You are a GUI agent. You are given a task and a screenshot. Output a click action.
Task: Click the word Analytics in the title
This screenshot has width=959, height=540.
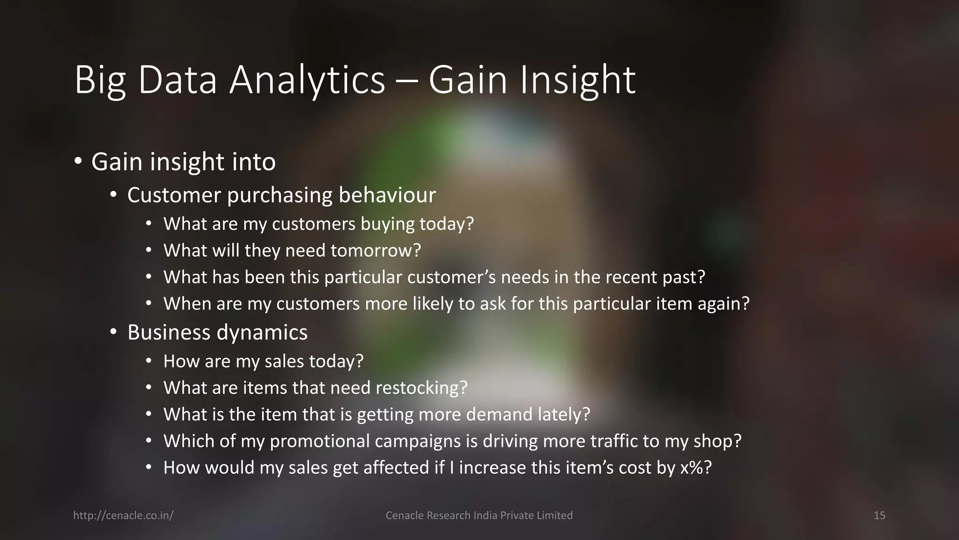click(307, 81)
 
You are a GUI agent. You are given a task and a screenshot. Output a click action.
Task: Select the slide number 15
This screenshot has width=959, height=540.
click(879, 516)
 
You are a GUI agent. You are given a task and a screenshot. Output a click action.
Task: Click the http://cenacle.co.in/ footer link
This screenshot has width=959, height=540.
click(124, 516)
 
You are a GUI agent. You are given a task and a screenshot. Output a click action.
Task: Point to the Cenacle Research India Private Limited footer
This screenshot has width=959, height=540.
click(479, 516)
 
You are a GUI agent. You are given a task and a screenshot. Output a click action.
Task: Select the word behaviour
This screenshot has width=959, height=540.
click(387, 195)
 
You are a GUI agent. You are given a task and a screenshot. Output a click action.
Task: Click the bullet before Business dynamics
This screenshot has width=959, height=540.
click(113, 333)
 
